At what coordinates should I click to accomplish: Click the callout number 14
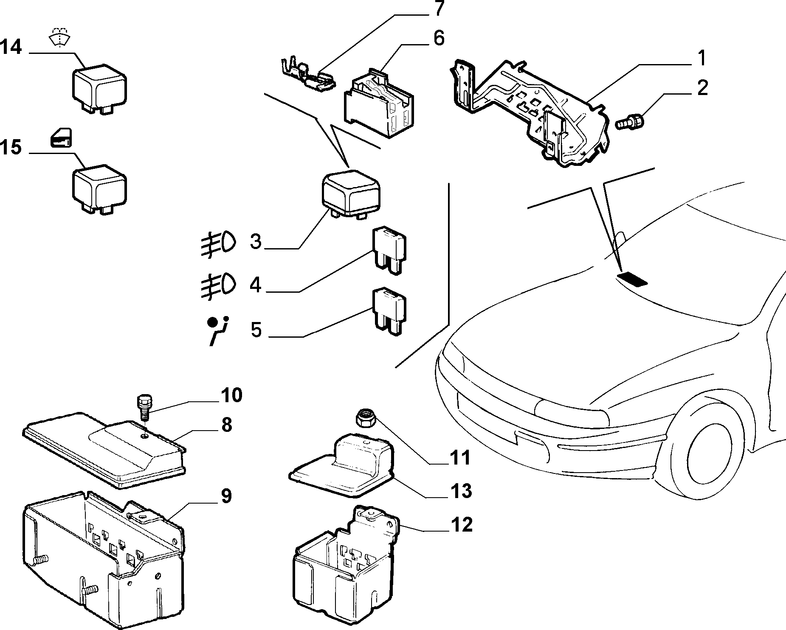click(11, 47)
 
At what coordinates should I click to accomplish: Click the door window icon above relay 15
click(61, 138)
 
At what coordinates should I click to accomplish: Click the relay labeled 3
click(350, 194)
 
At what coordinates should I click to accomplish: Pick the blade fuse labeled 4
click(389, 250)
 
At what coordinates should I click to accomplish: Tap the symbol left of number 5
click(218, 330)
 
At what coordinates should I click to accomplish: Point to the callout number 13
click(460, 490)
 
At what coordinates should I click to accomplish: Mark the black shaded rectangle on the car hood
click(633, 279)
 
